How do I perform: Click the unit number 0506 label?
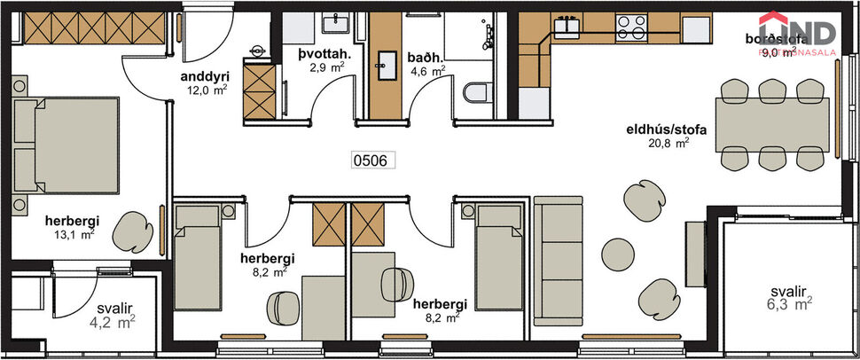pos(371,160)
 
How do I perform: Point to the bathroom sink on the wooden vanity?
pos(386,62)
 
